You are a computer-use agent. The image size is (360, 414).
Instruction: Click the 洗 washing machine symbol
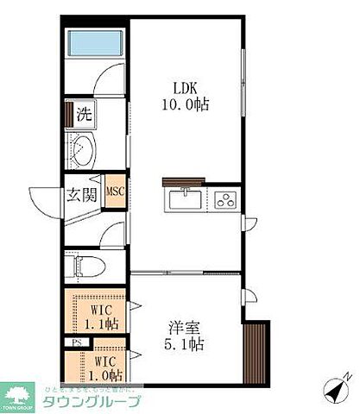(x=83, y=113)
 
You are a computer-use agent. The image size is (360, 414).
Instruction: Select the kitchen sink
(x=185, y=200)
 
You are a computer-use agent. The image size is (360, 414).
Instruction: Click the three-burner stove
(x=226, y=200)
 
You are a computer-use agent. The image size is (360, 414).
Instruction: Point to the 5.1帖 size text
(x=185, y=345)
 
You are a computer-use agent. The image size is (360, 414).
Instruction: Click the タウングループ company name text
(x=92, y=400)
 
